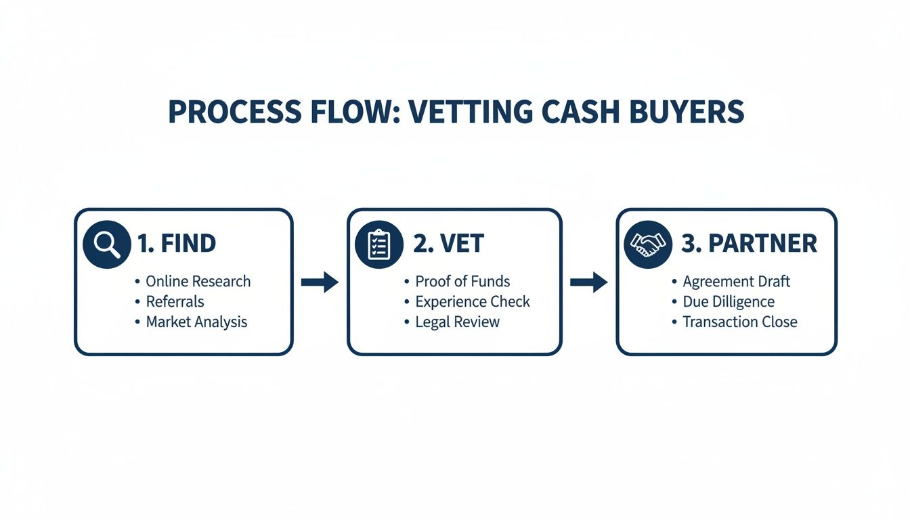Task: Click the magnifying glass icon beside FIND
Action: pos(106,244)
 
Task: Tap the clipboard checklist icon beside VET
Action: pos(378,244)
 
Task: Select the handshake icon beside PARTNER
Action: pos(647,244)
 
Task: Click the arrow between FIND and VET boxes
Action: pos(320,282)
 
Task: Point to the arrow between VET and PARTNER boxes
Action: pos(588,282)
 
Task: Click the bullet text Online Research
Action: pos(198,282)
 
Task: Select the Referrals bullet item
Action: pos(175,302)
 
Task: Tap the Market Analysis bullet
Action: pos(196,322)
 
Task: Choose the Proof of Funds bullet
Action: pos(462,282)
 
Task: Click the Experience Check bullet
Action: pos(472,302)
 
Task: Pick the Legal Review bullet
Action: pos(457,322)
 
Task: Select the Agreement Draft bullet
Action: pos(736,282)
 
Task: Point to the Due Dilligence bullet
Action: pos(728,302)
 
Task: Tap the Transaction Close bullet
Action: pos(739,322)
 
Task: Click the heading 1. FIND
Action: pos(176,244)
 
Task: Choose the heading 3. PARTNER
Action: pos(749,244)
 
